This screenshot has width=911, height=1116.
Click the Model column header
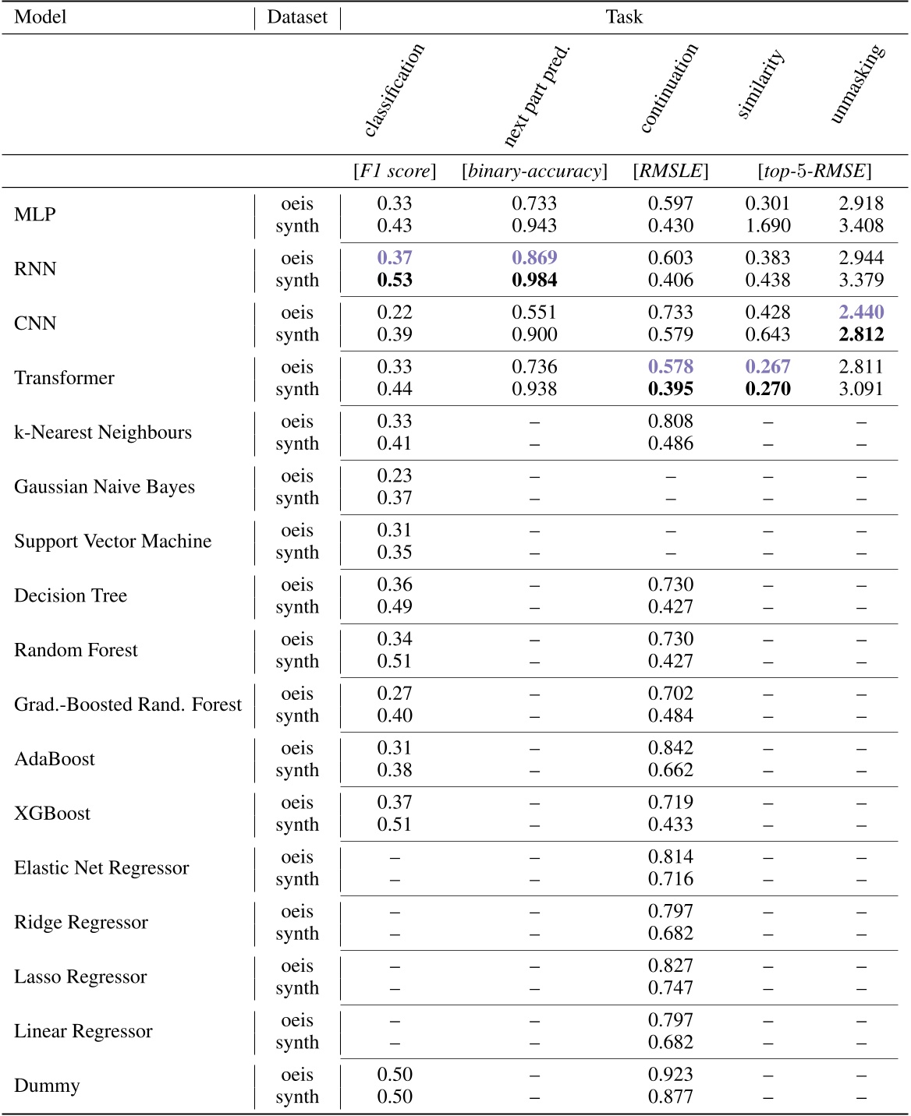[x=41, y=17]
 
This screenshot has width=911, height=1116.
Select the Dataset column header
[x=297, y=17]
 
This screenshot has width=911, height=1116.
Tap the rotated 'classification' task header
[x=394, y=90]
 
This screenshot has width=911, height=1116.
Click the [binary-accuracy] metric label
[x=534, y=171]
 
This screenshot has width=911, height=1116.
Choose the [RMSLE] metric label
[x=671, y=171]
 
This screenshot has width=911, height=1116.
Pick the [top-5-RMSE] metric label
[x=814, y=171]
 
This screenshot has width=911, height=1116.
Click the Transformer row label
[x=64, y=378]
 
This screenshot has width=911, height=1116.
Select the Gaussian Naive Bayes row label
[x=105, y=487]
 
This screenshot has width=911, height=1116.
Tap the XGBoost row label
[x=52, y=814]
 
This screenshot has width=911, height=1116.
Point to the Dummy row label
[x=47, y=1086]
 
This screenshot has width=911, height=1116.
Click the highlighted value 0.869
[x=534, y=258]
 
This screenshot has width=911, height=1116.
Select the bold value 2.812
[x=861, y=334]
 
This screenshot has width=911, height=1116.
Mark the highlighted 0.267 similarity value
[x=767, y=367]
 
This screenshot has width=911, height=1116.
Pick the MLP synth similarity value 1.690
[x=767, y=226]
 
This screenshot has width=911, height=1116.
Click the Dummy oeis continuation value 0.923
[x=671, y=1075]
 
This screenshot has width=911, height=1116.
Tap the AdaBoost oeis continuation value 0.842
[x=671, y=748]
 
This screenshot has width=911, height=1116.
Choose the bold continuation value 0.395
[x=671, y=389]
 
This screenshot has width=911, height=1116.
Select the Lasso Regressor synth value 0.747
[x=671, y=987]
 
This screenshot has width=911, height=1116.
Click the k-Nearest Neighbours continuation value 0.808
[x=671, y=422]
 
